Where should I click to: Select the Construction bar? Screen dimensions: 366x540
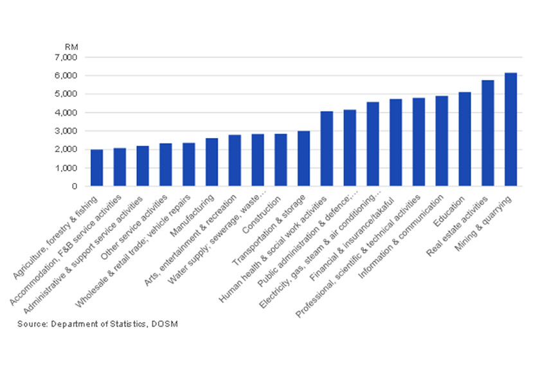pos(281,161)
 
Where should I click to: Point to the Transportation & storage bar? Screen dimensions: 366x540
pos(303,159)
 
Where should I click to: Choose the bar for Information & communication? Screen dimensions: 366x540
pos(442,141)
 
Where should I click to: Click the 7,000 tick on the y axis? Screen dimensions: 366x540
pos(66,57)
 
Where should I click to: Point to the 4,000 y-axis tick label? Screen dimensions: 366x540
pos(66,113)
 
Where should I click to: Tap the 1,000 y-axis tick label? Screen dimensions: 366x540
pos(66,168)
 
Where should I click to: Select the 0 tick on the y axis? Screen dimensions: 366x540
pos(75,187)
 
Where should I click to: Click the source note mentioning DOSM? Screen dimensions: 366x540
pos(97,324)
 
